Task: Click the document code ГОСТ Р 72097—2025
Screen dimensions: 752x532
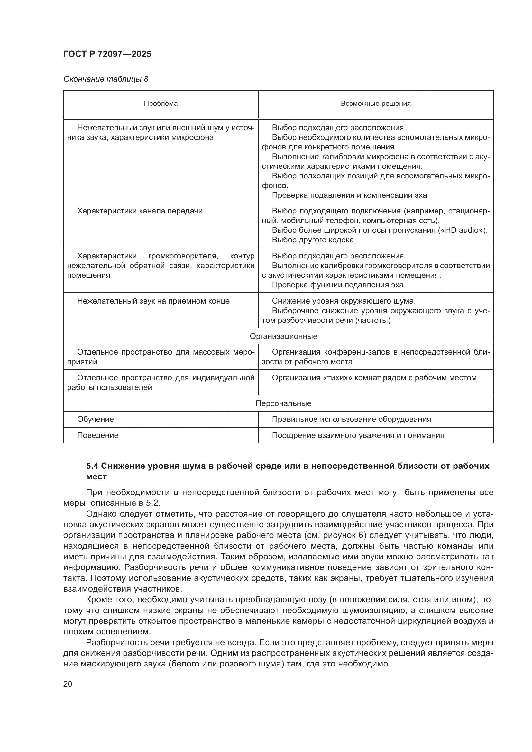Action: coord(107,54)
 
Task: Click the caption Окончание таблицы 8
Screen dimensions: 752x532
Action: coord(105,79)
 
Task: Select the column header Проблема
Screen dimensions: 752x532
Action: coord(161,104)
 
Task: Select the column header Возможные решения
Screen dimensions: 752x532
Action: coord(375,104)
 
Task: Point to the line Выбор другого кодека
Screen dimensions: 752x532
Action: coord(313,240)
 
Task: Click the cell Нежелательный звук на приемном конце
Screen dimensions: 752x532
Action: coord(153,301)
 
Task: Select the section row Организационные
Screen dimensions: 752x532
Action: coord(283,336)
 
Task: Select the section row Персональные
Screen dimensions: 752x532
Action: coord(283,403)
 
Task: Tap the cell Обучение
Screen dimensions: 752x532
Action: coord(95,419)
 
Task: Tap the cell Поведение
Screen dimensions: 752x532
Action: coord(98,435)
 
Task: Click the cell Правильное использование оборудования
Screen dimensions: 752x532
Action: coord(351,419)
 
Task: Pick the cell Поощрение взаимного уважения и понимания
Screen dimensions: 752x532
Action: coord(358,435)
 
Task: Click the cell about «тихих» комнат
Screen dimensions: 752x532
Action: coord(374,378)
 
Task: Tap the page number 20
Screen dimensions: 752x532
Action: coord(68,684)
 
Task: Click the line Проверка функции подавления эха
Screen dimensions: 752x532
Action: coord(337,285)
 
